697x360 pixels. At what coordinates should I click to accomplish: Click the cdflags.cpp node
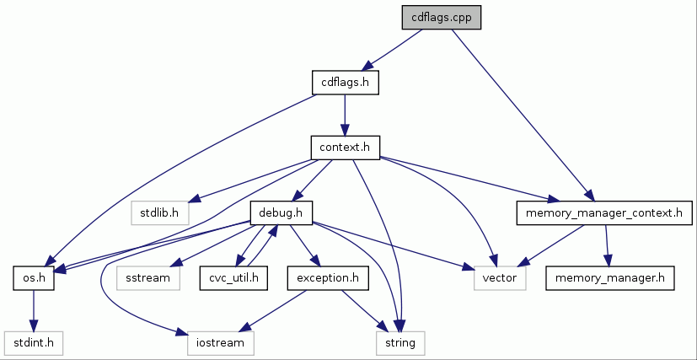(x=441, y=18)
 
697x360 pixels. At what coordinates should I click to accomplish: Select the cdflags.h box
(x=346, y=83)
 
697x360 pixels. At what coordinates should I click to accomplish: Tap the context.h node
(x=345, y=148)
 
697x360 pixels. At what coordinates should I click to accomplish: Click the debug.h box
(x=281, y=212)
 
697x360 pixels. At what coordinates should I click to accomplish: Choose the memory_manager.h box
(x=610, y=277)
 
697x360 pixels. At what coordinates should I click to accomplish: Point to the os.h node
(x=34, y=277)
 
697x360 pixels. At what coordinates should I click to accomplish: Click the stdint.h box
(x=34, y=342)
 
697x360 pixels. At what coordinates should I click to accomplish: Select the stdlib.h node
(x=159, y=212)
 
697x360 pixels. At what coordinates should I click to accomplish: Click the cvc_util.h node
(x=233, y=277)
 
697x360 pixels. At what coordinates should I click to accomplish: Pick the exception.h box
(x=327, y=277)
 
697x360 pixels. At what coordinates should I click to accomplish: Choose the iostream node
(x=220, y=342)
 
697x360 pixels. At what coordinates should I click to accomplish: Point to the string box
(x=400, y=342)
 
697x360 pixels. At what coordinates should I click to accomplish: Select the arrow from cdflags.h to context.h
(x=345, y=115)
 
